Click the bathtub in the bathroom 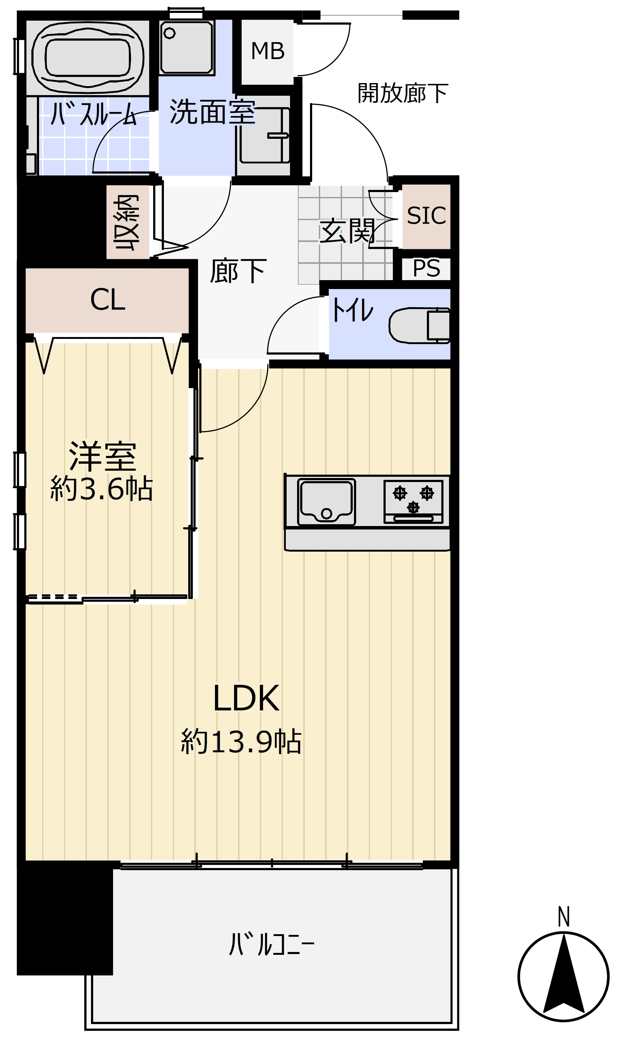pyautogui.click(x=88, y=57)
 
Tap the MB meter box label pyautogui.click(x=268, y=51)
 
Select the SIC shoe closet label pyautogui.click(x=426, y=216)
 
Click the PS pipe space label pyautogui.click(x=426, y=268)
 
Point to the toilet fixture pyautogui.click(x=419, y=326)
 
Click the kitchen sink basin pyautogui.click(x=326, y=501)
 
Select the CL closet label pyautogui.click(x=107, y=300)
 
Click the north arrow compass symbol pyautogui.click(x=563, y=976)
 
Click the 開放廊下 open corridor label pyautogui.click(x=403, y=93)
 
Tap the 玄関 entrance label pyautogui.click(x=347, y=231)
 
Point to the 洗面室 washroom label pyautogui.click(x=212, y=112)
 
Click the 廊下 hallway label pyautogui.click(x=238, y=271)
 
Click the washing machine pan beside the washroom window pyautogui.click(x=186, y=48)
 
